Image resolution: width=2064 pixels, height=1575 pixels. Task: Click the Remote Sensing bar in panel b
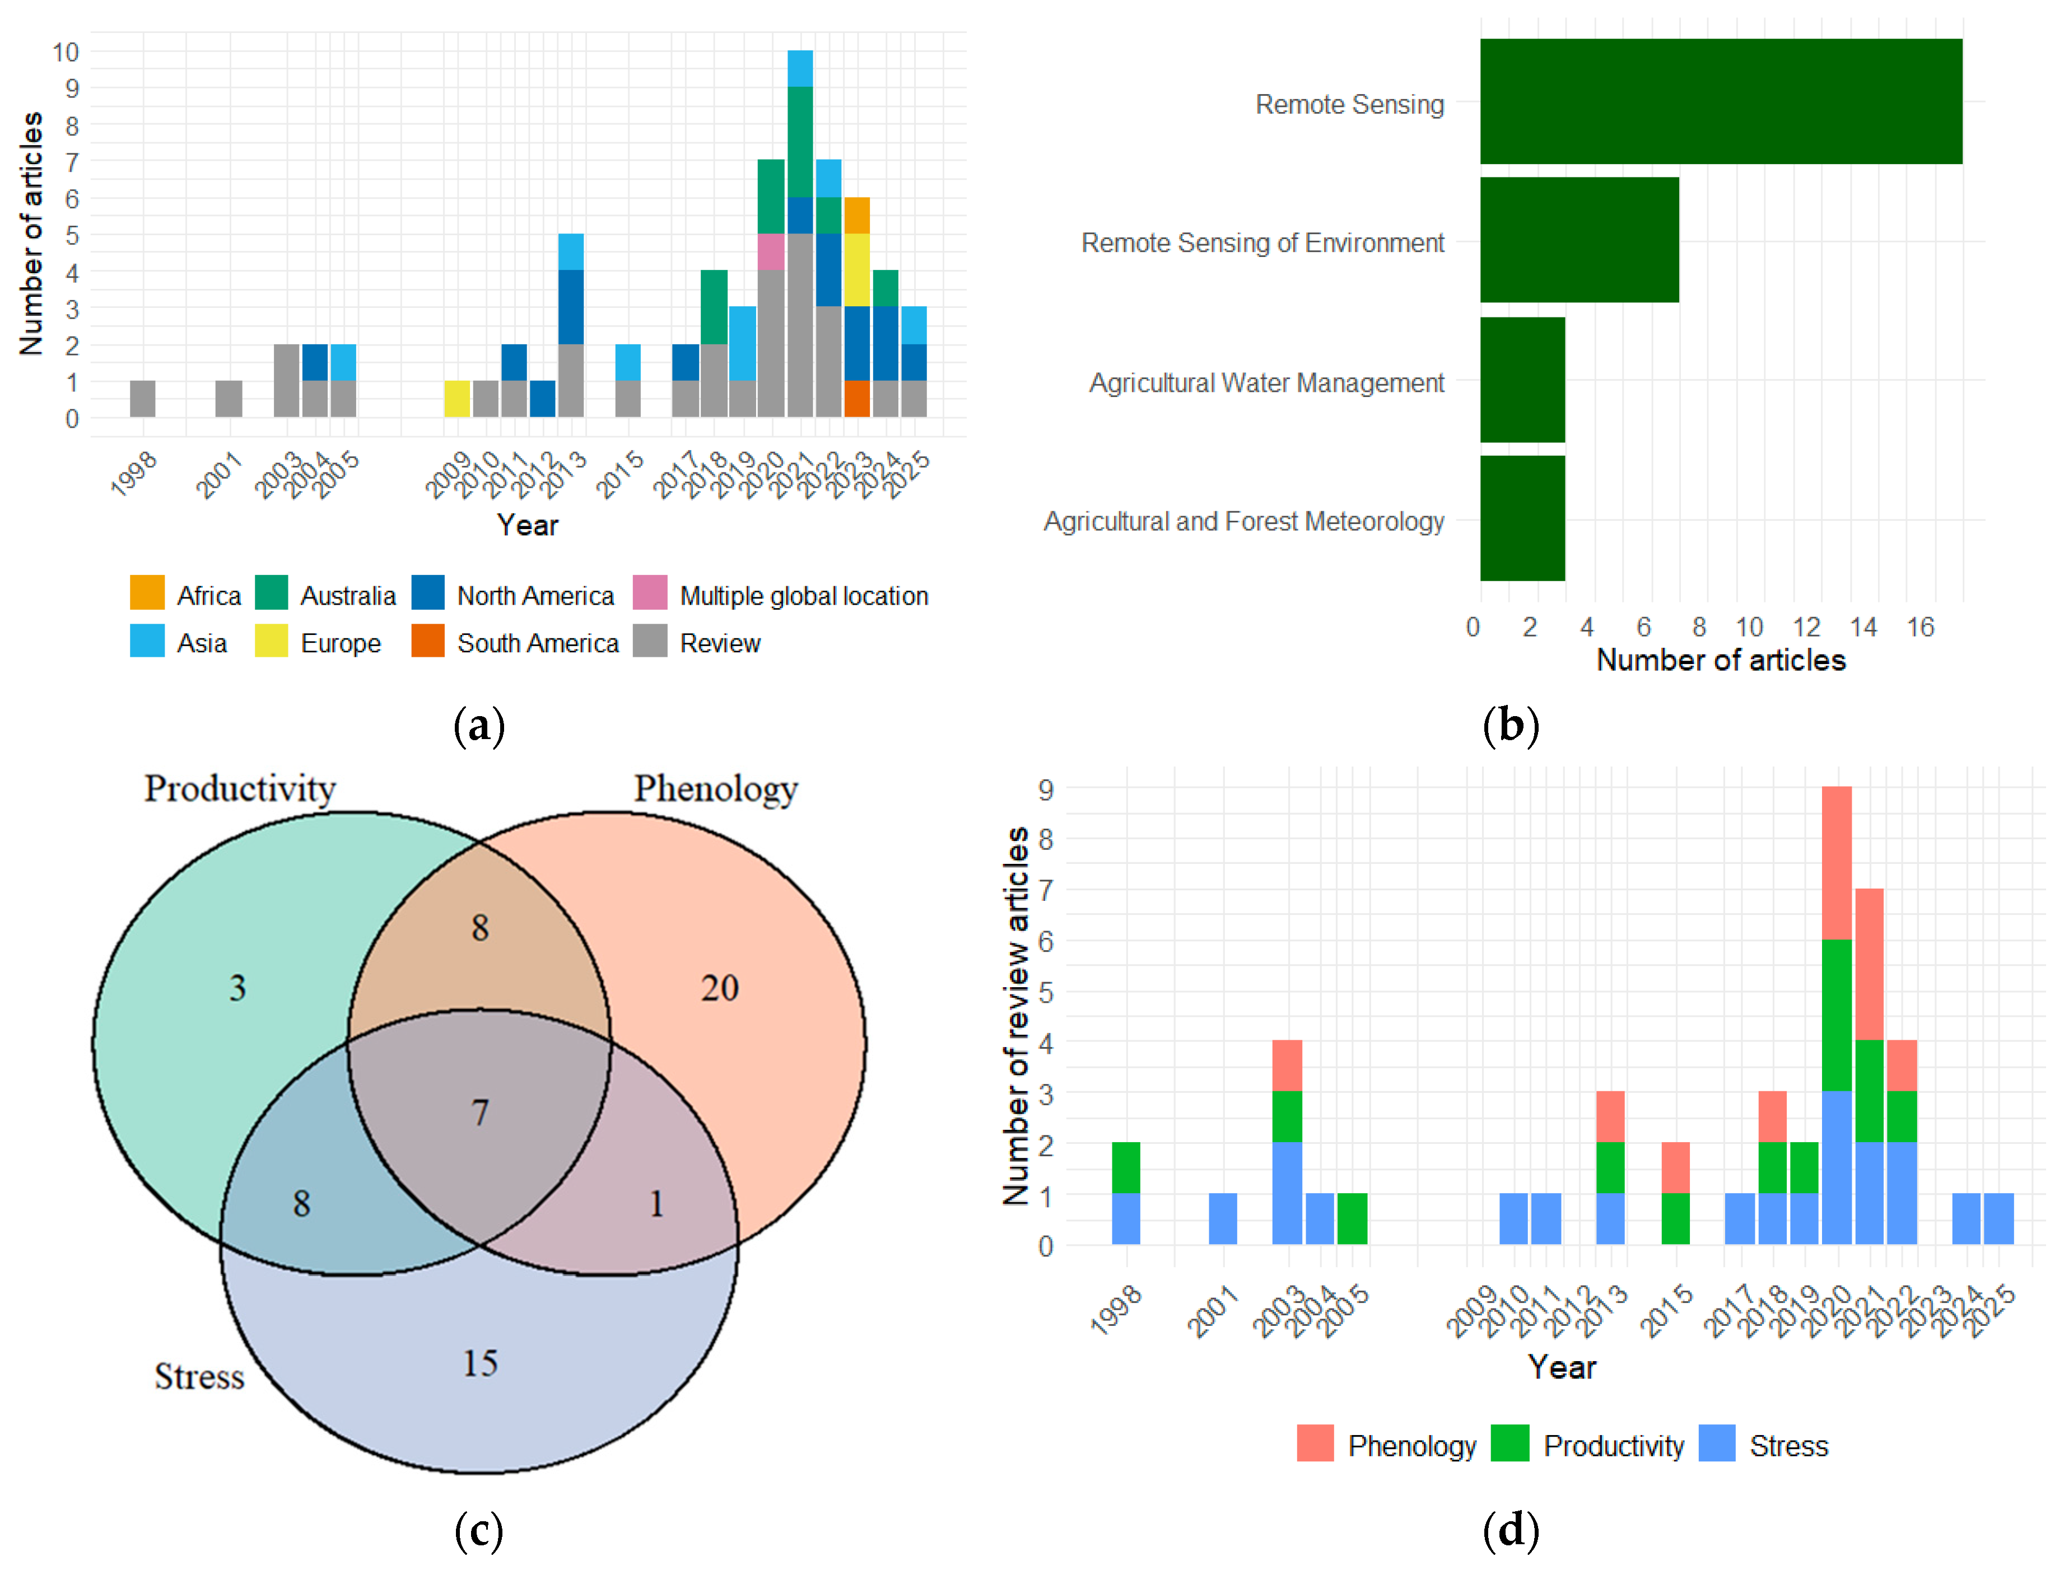pyautogui.click(x=1721, y=101)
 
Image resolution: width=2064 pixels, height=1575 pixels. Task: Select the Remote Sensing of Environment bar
pyautogui.click(x=1579, y=240)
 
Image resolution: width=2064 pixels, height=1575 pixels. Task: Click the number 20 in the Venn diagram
pyautogui.click(x=719, y=988)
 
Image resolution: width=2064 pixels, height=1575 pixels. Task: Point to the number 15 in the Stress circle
pyautogui.click(x=479, y=1363)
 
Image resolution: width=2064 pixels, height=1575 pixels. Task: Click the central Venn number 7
pyautogui.click(x=479, y=1113)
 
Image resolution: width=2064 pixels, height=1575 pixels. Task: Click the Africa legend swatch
pyautogui.click(x=147, y=593)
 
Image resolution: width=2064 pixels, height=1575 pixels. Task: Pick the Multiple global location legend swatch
pyautogui.click(x=650, y=593)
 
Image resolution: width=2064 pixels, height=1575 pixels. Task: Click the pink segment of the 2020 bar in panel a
pyautogui.click(x=771, y=252)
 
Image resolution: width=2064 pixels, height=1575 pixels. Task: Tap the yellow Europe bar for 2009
pyautogui.click(x=456, y=399)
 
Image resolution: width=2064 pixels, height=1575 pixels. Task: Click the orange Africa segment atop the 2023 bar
pyautogui.click(x=856, y=216)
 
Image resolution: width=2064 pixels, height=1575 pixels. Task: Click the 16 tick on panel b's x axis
pyautogui.click(x=1919, y=627)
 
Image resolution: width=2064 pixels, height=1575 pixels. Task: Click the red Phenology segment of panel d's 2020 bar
pyautogui.click(x=1836, y=862)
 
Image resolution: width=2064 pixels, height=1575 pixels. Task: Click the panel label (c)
pyautogui.click(x=479, y=1530)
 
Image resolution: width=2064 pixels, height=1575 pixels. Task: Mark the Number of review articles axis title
pyautogui.click(x=1015, y=1015)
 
